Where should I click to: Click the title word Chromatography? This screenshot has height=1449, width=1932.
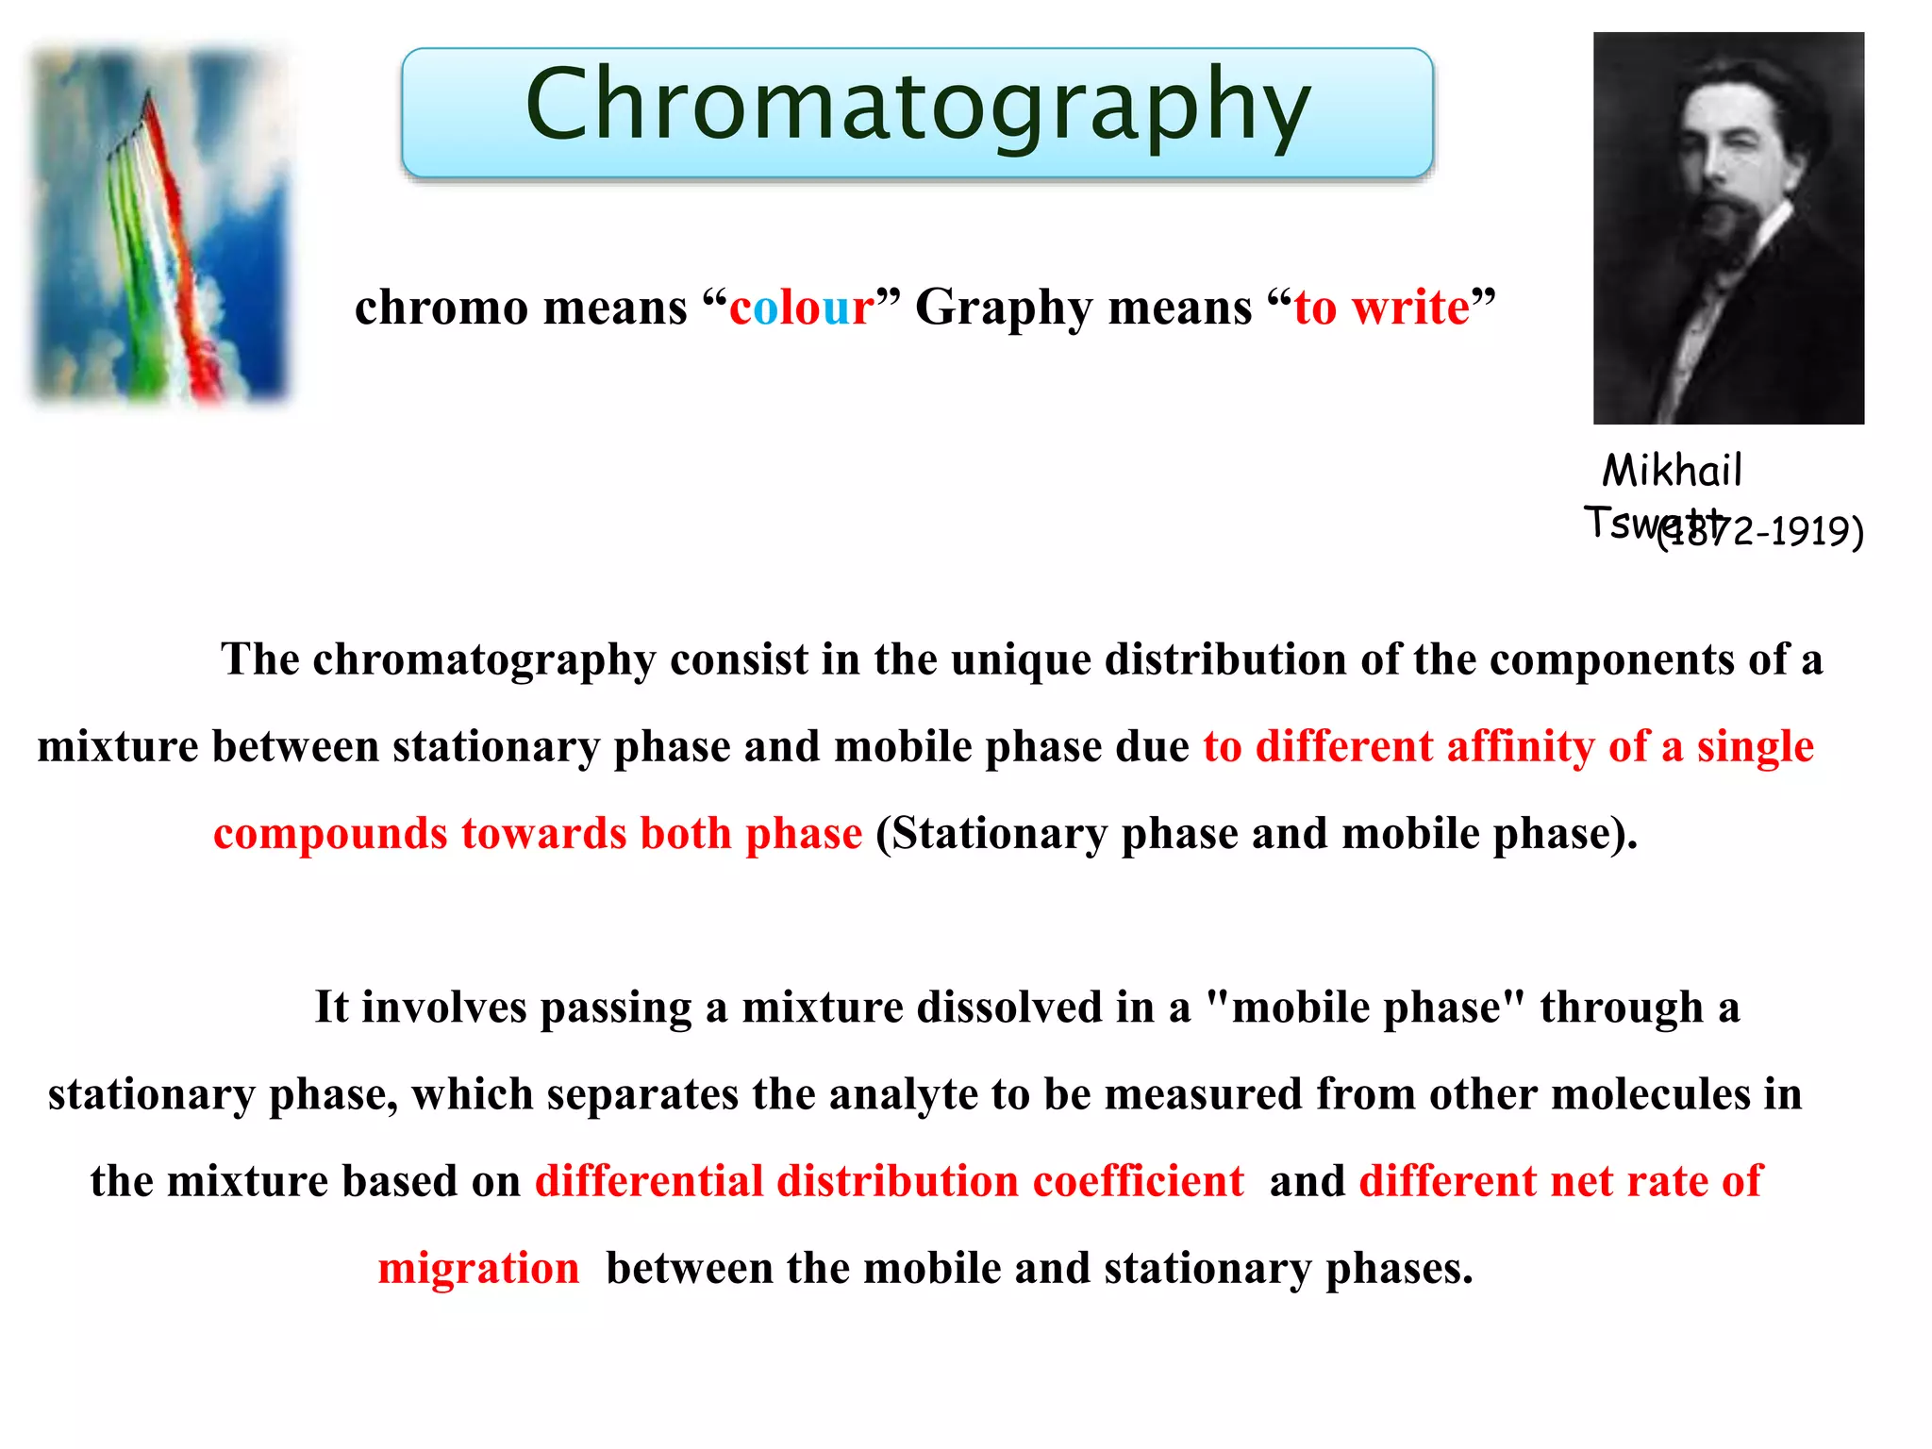point(917,106)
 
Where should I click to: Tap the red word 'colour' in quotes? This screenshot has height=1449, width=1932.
point(801,308)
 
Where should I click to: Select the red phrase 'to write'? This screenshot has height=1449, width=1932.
point(1381,308)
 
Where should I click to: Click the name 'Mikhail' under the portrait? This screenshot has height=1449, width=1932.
point(1672,470)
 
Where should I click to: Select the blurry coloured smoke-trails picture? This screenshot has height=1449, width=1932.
point(158,225)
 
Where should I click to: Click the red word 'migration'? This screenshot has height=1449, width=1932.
point(478,1269)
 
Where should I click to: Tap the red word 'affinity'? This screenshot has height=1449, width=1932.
point(1520,746)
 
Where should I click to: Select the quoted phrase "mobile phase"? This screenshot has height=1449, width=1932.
point(1365,1007)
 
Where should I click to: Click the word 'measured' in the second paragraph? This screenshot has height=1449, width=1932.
point(1203,1094)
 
